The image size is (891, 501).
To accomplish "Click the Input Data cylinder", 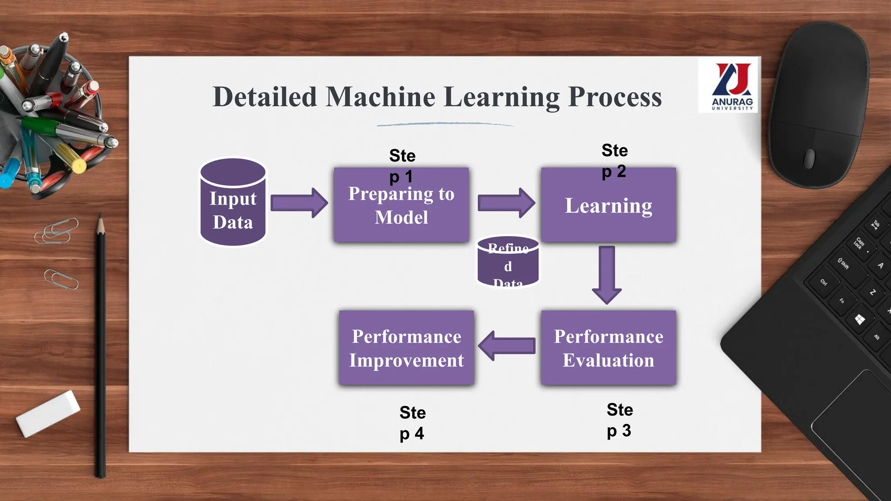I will coord(233,204).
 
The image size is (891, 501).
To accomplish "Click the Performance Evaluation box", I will coord(608,348).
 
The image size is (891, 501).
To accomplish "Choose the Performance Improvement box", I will coord(406,348).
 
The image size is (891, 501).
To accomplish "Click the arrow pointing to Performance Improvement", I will coord(507,346).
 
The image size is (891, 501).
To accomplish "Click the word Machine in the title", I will coord(380,97).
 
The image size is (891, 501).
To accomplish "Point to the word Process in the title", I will coord(615,97).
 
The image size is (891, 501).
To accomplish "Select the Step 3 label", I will coord(620,420).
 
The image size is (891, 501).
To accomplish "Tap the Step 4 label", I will coord(412,423).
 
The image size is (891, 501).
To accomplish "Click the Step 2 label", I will coord(614,160).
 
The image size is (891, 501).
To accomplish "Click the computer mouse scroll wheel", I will coord(809,157).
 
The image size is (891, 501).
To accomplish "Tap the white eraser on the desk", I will coord(48,413).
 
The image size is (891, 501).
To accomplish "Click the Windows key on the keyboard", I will coord(860,320).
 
